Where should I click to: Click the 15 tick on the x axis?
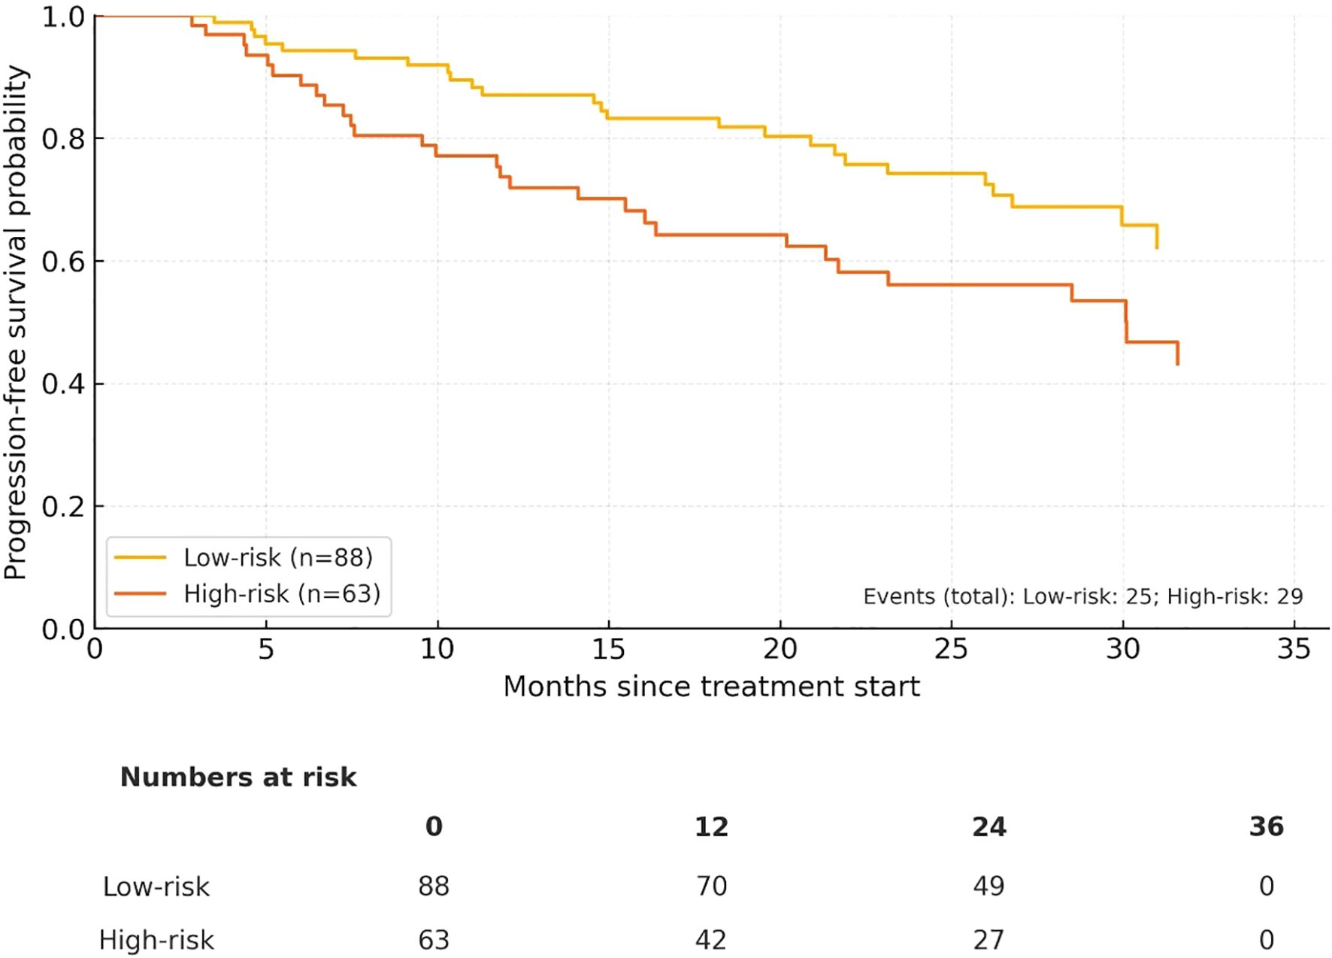pyautogui.click(x=608, y=648)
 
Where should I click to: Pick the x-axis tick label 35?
pyautogui.click(x=1294, y=648)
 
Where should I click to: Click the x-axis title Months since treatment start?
pyautogui.click(x=711, y=687)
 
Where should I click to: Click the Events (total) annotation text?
pyautogui.click(x=1082, y=596)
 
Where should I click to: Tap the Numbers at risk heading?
pyautogui.click(x=238, y=777)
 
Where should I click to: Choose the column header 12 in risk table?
pyautogui.click(x=711, y=827)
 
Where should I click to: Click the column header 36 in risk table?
pyautogui.click(x=1266, y=827)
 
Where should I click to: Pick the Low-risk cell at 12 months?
pyautogui.click(x=711, y=886)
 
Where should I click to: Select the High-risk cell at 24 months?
pyautogui.click(x=988, y=940)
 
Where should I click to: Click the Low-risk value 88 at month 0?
pyautogui.click(x=434, y=886)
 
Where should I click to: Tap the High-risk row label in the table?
pyautogui.click(x=156, y=940)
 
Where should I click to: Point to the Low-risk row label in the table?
pyautogui.click(x=156, y=886)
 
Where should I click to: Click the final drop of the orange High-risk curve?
pyautogui.click(x=1177, y=353)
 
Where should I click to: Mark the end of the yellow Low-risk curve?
pyautogui.click(x=1157, y=247)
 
